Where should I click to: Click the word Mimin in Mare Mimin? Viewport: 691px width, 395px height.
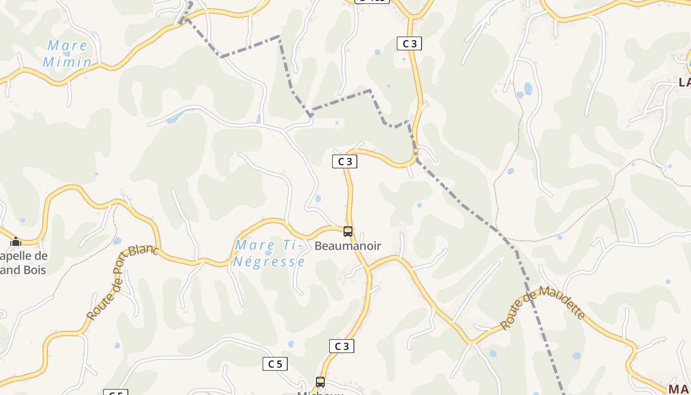click(67, 62)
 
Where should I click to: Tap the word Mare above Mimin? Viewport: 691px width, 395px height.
click(67, 46)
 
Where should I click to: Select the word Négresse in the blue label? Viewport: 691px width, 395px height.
click(269, 261)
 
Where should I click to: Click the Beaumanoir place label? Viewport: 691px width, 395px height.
click(348, 246)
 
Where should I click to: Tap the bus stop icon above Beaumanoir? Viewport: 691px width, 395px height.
click(348, 231)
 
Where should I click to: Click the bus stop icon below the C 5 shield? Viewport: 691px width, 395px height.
click(320, 382)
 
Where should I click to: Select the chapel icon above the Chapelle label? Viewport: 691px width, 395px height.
click(16, 241)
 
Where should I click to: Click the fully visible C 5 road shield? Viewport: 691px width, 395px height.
click(275, 364)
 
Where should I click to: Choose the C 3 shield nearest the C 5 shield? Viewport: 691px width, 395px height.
click(342, 346)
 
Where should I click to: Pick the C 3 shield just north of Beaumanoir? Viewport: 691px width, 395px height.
click(345, 161)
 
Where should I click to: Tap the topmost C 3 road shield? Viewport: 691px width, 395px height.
click(409, 43)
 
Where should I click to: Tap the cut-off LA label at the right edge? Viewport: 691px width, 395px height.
click(685, 82)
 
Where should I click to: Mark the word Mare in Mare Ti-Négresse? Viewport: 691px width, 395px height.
click(255, 245)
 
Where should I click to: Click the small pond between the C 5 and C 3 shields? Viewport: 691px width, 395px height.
click(291, 344)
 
